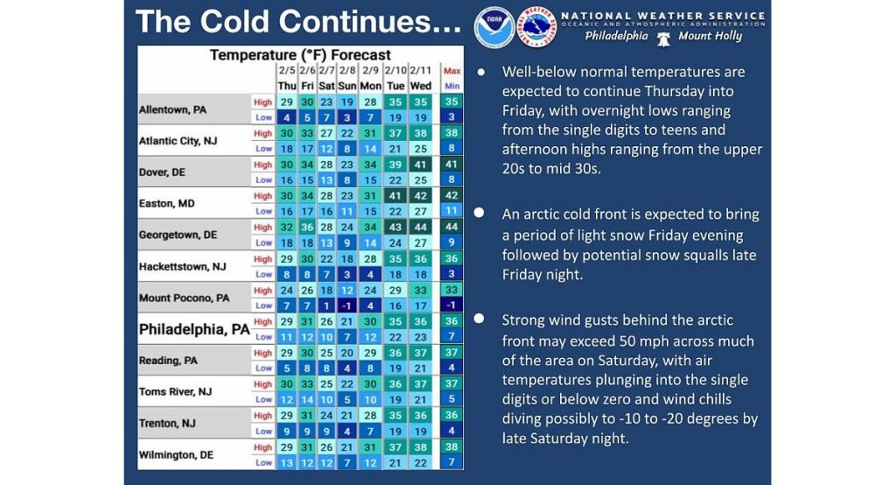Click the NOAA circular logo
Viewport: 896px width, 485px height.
494,27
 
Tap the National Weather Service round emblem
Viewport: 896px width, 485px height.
536,27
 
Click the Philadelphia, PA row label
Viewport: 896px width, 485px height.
193,330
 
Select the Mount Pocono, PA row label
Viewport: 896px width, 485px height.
184,298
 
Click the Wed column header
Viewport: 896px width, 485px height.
421,86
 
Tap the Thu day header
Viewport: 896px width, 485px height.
287,86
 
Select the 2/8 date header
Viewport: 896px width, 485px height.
347,70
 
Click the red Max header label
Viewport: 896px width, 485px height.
451,71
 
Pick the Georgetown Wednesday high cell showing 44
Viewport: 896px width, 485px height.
421,228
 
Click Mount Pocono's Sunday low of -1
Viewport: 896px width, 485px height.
347,306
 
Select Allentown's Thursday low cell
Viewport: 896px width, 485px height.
287,116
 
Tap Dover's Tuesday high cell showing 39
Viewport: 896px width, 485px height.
395,165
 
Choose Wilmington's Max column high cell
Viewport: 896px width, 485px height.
451,447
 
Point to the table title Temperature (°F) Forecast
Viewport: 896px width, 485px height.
300,55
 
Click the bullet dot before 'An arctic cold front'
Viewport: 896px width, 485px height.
479,214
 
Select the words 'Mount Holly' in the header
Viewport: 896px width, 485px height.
710,37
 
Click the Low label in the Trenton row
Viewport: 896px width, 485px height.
263,432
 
